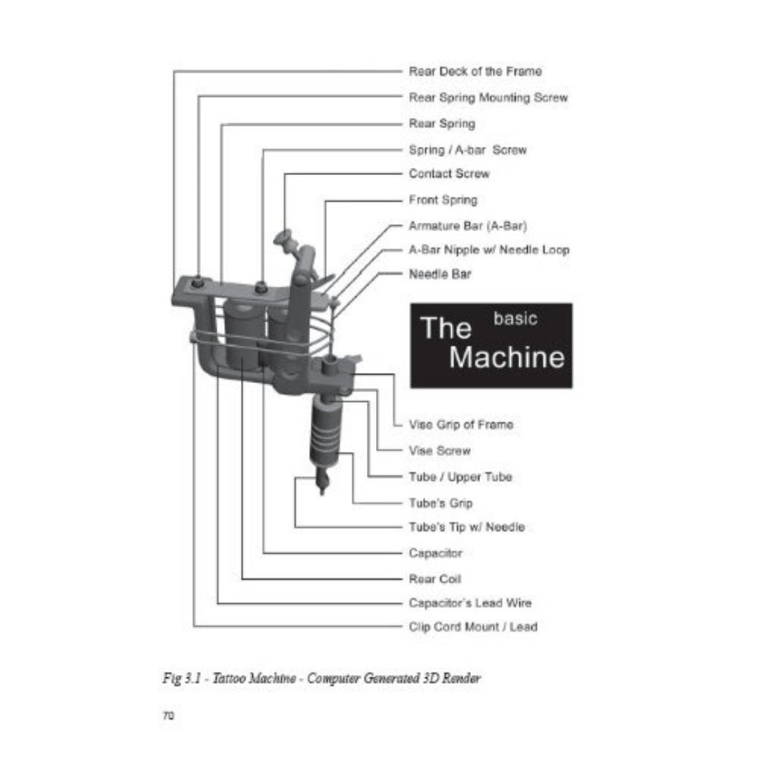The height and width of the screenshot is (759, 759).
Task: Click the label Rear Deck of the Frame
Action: click(475, 71)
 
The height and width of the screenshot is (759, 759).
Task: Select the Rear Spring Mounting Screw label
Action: click(488, 98)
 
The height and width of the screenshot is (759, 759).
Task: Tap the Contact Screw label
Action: click(449, 174)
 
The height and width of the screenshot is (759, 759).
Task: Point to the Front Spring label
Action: click(443, 200)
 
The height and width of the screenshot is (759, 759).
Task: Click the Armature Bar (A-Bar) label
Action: click(467, 226)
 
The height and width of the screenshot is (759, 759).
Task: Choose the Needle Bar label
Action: click(440, 274)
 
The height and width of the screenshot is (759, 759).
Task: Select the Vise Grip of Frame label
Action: click(461, 424)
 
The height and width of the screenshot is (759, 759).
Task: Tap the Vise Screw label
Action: click(440, 450)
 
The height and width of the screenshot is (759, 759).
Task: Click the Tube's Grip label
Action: click(441, 503)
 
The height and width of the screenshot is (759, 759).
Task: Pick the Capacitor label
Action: click(436, 553)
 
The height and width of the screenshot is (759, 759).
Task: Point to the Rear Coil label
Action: click(435, 579)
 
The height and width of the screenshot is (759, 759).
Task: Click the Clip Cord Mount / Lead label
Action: click(473, 626)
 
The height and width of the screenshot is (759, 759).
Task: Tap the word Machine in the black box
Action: click(506, 357)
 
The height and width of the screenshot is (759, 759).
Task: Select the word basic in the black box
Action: click(515, 318)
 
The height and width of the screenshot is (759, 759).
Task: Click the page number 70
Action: click(168, 715)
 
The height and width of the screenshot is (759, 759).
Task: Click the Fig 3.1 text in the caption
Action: click(176, 680)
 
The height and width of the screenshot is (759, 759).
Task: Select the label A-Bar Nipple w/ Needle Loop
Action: click(488, 249)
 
